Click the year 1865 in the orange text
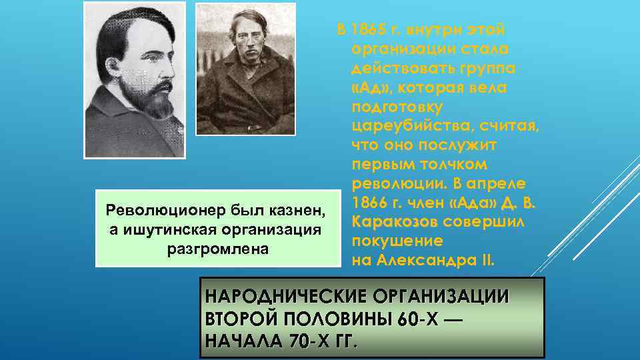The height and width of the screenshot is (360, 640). (369, 31)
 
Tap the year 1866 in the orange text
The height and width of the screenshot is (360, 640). (369, 203)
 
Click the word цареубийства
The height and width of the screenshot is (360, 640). (405, 127)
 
